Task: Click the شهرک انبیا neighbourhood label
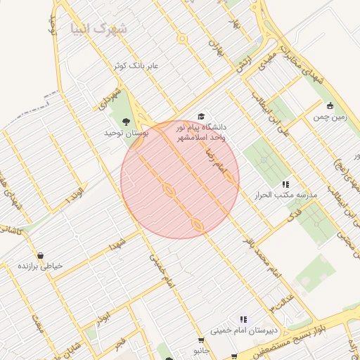pos(99,29)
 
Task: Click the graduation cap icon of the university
pos(201,116)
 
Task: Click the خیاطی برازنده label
pos(40,266)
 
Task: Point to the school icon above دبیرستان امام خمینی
pos(243,319)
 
